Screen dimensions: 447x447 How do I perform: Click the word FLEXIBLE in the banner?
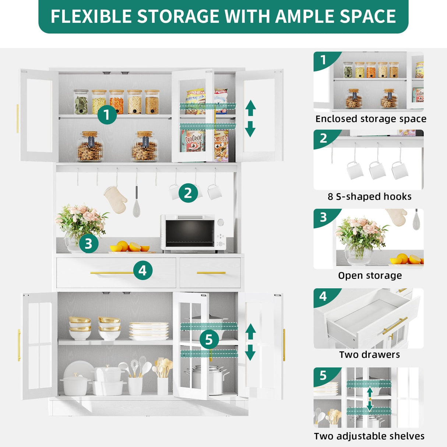(91, 17)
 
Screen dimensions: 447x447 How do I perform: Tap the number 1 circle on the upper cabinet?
(107, 115)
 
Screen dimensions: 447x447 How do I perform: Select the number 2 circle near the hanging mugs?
(188, 193)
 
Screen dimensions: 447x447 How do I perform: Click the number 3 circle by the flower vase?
(88, 243)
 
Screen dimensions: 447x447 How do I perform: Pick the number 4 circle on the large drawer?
(142, 271)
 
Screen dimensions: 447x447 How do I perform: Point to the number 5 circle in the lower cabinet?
(209, 339)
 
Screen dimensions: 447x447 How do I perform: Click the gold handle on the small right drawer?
(211, 273)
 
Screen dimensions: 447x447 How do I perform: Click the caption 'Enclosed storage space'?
(370, 119)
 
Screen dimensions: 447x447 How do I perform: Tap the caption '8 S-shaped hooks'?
(369, 197)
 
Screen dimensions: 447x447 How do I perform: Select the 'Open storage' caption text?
(370, 276)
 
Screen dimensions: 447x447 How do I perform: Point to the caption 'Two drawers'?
(369, 355)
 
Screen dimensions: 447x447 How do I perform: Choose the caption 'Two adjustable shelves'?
(369, 436)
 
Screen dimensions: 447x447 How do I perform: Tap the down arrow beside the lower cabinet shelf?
(250, 353)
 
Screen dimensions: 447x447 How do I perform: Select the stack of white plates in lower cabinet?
(148, 331)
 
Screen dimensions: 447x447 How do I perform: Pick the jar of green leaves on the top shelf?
(81, 102)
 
